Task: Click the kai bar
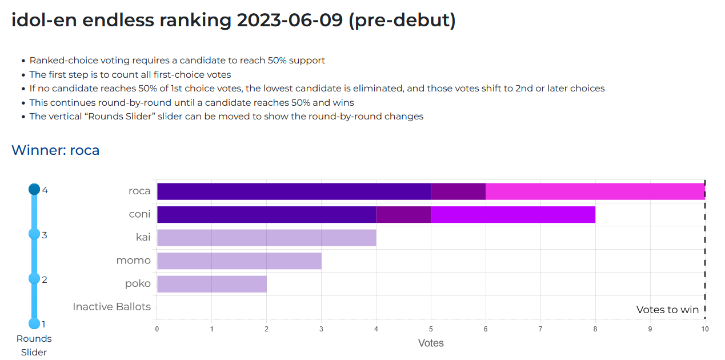click(x=266, y=238)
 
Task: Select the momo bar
click(x=239, y=261)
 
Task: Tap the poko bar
click(x=211, y=284)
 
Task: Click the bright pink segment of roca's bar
click(x=595, y=191)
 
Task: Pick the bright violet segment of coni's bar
click(x=512, y=215)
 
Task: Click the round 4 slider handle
click(x=34, y=189)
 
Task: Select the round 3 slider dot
click(x=34, y=234)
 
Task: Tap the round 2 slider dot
click(x=34, y=278)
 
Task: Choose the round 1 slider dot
click(x=34, y=323)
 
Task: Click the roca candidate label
click(x=139, y=191)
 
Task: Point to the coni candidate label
click(x=140, y=214)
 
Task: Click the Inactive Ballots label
click(x=111, y=307)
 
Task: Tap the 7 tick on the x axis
click(x=540, y=329)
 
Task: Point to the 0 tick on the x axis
click(x=157, y=329)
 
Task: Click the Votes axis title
click(x=431, y=343)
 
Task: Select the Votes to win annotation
click(x=667, y=310)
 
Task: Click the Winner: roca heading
click(x=55, y=150)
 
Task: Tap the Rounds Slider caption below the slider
click(x=34, y=345)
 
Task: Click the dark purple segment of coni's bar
click(x=266, y=215)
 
